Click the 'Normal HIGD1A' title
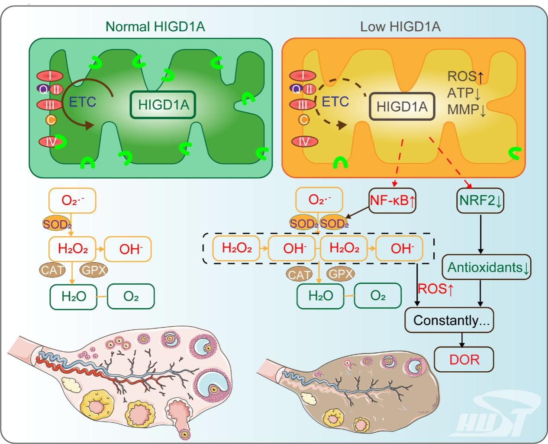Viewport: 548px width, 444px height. (155, 27)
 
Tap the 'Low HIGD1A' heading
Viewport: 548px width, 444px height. (400, 27)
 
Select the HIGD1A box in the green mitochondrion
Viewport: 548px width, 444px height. (163, 105)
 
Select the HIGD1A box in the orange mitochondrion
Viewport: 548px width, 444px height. (402, 106)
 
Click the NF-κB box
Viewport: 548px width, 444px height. (392, 200)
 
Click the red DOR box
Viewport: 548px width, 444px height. (464, 359)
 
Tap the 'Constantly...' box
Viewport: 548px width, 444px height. (449, 320)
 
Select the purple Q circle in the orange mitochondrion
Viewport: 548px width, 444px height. (296, 90)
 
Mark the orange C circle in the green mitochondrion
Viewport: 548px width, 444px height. (51, 119)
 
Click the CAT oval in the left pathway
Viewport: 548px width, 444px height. (52, 270)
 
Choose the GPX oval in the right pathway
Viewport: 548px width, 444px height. (340, 273)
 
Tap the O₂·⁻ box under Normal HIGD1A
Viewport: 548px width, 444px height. (72, 200)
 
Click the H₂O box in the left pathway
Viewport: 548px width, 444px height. (74, 296)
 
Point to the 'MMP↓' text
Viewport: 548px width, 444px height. (467, 109)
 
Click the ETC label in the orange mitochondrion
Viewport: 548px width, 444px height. (335, 102)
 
